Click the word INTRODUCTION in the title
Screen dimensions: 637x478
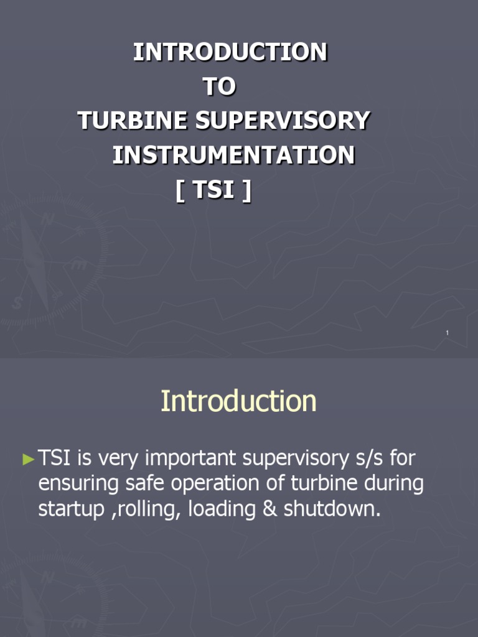pos(230,52)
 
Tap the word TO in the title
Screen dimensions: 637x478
pos(220,87)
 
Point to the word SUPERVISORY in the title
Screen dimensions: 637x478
pos(283,121)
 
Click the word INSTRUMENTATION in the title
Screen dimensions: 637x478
pos(233,155)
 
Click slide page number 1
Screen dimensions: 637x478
pos(447,334)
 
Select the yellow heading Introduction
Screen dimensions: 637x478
pos(238,401)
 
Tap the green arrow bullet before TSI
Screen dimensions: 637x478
pos(29,460)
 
